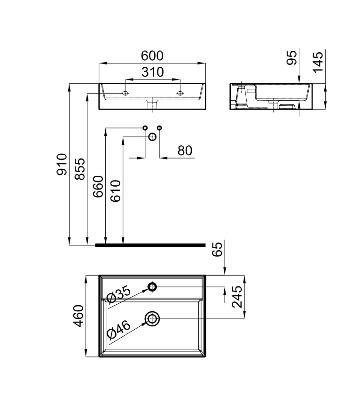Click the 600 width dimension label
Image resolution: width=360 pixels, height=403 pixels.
pos(152,55)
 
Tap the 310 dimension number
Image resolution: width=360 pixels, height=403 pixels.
pos(153,72)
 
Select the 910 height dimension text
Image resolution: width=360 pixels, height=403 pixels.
pos(62,164)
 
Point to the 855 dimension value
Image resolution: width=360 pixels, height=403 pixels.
pos(79,169)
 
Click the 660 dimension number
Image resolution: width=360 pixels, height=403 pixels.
pos(98,186)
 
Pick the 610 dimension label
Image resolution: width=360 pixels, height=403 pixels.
pos(115,191)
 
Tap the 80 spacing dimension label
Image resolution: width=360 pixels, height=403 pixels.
pos(185,150)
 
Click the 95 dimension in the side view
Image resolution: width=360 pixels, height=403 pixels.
pos(291,57)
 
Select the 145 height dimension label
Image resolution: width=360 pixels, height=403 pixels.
pos(318,62)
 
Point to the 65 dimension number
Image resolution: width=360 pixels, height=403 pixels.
pos(217,249)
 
